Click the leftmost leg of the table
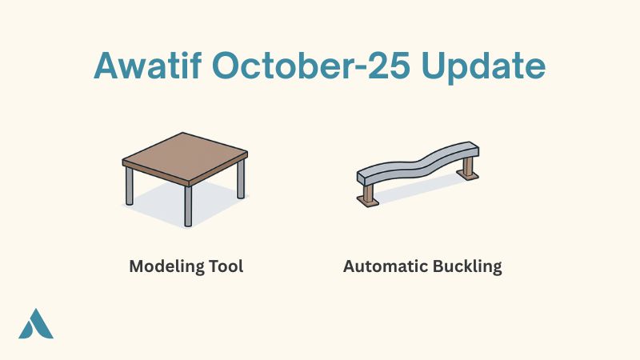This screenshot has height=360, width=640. click(x=130, y=186)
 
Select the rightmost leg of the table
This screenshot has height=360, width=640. click(x=240, y=182)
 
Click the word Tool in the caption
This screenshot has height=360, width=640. click(x=226, y=266)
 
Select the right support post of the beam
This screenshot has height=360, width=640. click(x=468, y=166)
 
